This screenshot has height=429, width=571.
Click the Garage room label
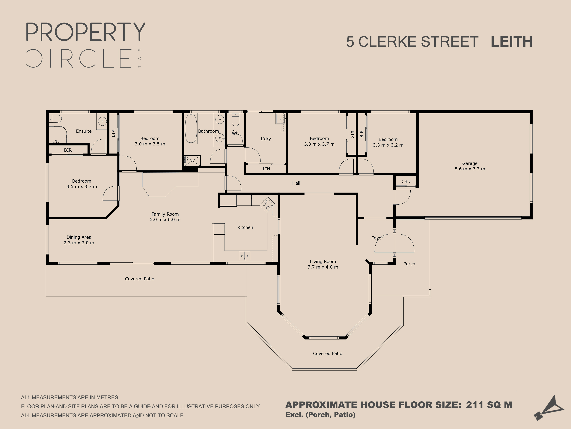coord(470,163)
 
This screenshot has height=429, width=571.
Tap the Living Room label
coord(323,262)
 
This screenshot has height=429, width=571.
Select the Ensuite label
coord(84,131)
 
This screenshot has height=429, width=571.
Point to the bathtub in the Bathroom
coord(191,128)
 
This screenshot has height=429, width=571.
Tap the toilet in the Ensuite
coord(55,119)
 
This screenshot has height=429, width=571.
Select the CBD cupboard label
coord(406,181)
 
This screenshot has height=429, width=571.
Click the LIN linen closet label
coord(266,169)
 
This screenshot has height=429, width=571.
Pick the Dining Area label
coord(79,237)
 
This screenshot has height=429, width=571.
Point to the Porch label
coord(409,264)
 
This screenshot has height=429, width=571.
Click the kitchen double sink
coord(244,256)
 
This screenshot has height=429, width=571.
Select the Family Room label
coord(165,214)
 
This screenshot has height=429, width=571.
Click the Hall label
coord(296,183)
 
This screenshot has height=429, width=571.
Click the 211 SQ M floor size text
coord(489,405)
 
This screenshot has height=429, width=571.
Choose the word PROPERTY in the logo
coord(86,32)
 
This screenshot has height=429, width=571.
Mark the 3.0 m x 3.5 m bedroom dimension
coord(150,144)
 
